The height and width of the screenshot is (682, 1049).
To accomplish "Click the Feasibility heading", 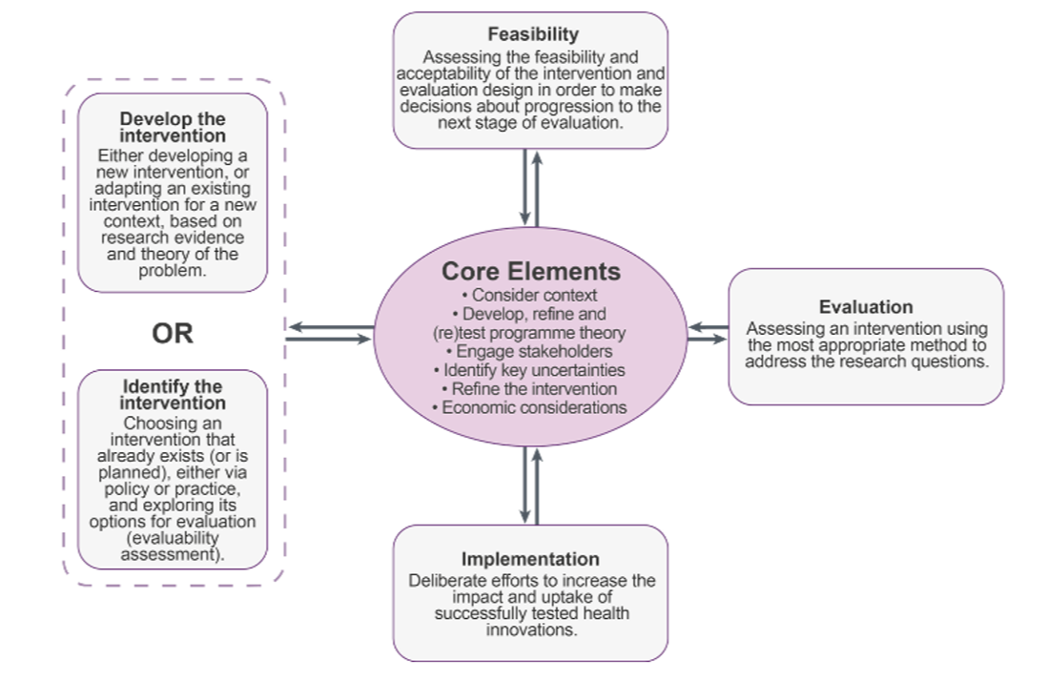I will click(532, 35).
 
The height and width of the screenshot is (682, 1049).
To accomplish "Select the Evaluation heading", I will click(865, 307).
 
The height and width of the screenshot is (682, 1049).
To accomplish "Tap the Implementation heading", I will click(530, 559).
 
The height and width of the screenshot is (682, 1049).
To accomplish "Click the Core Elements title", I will click(530, 272).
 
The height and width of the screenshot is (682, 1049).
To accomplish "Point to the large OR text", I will click(173, 333).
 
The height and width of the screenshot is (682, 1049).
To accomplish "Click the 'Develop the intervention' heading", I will click(173, 128).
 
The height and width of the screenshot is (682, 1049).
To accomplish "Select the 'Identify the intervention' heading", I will click(173, 395).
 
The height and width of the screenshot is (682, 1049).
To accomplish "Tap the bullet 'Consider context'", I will click(530, 296).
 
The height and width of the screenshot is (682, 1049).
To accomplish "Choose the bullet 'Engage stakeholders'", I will click(530, 351).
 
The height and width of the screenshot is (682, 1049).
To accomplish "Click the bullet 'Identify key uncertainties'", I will click(530, 370).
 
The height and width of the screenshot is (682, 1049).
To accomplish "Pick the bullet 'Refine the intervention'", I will click(530, 389).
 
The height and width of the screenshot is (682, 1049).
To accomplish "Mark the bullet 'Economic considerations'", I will click(530, 407).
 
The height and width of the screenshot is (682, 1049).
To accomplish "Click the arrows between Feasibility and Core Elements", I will click(531, 186).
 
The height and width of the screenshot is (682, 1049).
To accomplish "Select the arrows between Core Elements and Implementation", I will click(531, 486).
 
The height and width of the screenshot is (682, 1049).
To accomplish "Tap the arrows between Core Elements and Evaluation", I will click(708, 333).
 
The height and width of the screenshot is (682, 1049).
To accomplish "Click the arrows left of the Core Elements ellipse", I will click(330, 333).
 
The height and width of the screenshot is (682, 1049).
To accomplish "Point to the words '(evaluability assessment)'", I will click(173, 546).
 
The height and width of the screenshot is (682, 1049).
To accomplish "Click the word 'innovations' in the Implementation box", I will click(531, 630).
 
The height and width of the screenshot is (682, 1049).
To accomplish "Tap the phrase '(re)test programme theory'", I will click(530, 333).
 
